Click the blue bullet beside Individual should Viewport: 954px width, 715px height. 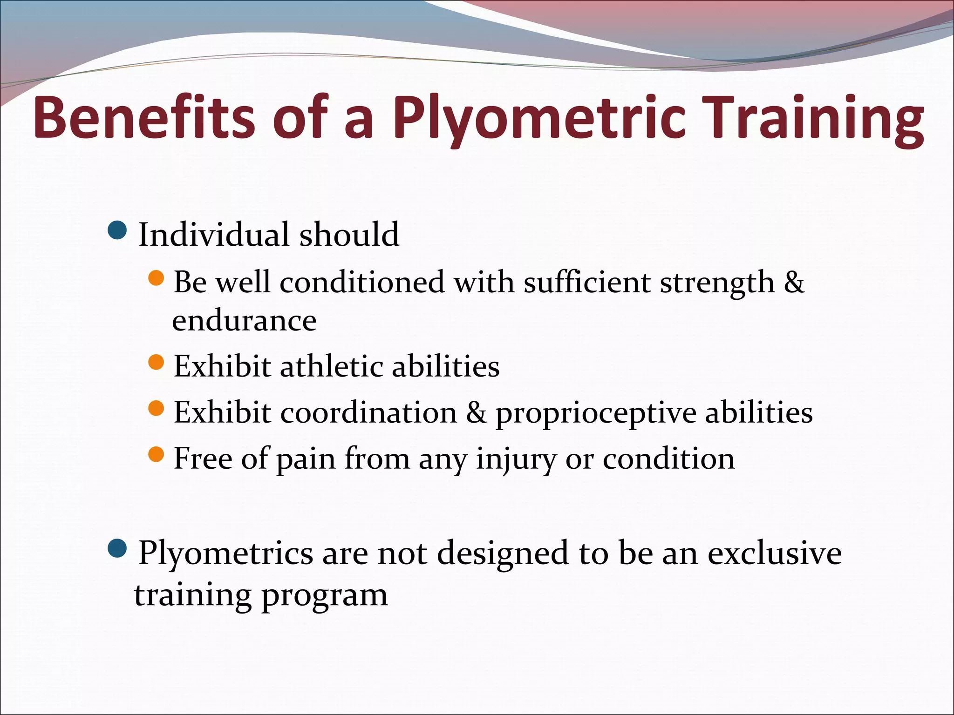tap(116, 230)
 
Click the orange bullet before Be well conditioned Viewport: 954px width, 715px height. tap(156, 278)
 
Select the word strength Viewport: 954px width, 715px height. tap(717, 282)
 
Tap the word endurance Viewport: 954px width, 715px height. tap(244, 320)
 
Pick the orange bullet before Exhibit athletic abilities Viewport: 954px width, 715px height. tap(156, 362)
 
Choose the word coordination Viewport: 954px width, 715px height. tap(369, 412)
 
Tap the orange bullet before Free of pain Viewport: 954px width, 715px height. tap(156, 454)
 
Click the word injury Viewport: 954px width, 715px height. tap(516, 459)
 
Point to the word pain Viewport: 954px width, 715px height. tap(306, 459)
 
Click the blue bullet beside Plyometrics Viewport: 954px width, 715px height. tap(116, 549)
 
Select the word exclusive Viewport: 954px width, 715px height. tap(775, 553)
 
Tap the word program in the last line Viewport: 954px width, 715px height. tap(324, 595)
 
